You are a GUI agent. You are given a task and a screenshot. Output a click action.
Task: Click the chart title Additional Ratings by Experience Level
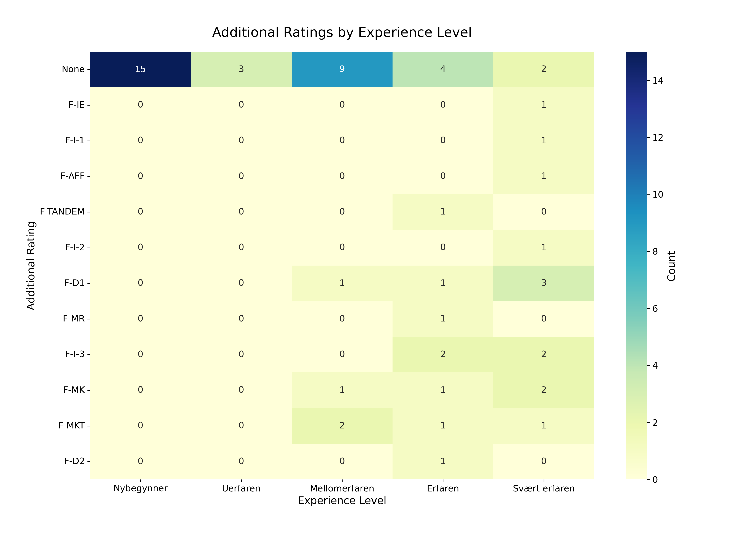click(342, 33)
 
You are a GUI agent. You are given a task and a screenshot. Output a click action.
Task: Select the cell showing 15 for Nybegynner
click(140, 69)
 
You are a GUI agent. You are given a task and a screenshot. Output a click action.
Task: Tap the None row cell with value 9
click(342, 69)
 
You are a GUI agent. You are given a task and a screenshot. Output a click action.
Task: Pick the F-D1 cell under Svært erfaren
click(544, 283)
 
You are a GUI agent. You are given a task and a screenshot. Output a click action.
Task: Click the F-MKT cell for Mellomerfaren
click(342, 425)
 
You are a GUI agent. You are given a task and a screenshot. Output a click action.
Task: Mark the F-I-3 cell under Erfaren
click(443, 354)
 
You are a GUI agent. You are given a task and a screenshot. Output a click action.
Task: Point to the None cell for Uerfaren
click(241, 69)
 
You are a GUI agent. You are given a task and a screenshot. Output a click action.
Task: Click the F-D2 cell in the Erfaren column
click(443, 461)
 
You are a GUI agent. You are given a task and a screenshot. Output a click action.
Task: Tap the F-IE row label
click(76, 105)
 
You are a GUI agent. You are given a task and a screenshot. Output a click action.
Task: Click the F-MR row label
click(74, 319)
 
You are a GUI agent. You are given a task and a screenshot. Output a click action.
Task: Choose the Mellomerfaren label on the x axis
click(342, 489)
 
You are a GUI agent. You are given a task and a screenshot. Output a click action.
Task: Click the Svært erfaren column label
click(544, 489)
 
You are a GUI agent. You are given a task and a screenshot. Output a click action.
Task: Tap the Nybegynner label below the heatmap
click(140, 489)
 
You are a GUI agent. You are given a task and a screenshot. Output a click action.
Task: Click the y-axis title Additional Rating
click(31, 266)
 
